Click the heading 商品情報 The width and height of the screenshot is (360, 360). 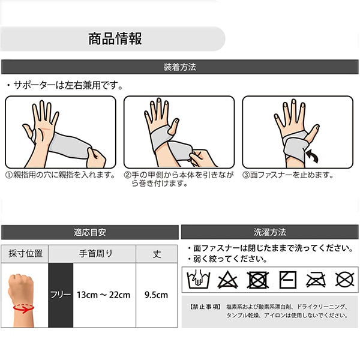115,38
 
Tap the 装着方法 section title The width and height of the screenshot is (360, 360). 180,67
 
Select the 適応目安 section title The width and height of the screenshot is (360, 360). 90,232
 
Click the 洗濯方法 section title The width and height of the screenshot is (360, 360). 270,232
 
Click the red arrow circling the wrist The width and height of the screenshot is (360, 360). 23,308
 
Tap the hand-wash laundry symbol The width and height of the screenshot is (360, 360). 199,280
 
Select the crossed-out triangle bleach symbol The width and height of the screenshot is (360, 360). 227,280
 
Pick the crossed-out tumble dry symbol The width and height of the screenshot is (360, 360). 258,280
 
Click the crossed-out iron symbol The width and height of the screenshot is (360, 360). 316,280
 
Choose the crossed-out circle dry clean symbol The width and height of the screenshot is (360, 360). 344,280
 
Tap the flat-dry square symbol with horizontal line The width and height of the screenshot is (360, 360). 287,280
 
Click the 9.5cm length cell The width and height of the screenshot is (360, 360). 157,295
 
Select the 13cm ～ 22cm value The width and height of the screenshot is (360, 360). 104,295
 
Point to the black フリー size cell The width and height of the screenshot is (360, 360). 61,295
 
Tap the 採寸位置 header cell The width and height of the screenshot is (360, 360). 25,254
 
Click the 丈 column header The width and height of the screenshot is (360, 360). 157,254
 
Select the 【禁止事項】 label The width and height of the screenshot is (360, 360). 205,307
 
